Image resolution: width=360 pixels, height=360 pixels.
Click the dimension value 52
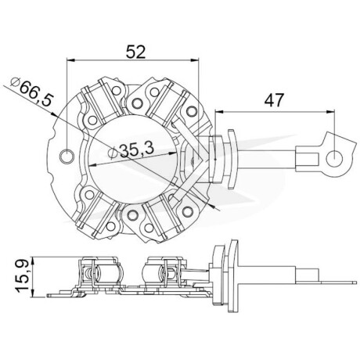tap(135, 52)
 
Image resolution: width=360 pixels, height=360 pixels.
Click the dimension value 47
tap(274, 100)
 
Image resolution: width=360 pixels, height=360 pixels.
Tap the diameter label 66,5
tap(36, 92)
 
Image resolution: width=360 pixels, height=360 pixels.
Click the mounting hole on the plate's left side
tap(67, 156)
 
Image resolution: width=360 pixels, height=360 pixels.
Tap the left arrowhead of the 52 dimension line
tap(71, 60)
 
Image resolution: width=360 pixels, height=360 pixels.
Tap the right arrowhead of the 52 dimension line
tap(195, 60)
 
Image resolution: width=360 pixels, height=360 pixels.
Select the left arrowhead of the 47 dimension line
tap(219, 112)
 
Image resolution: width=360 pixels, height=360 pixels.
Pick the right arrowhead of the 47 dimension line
tap(330, 112)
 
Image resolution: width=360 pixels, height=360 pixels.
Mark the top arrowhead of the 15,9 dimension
tap(32, 261)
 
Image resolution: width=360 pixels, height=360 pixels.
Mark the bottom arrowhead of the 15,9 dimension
tap(32, 293)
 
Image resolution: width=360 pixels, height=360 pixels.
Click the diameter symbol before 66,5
tap(15, 82)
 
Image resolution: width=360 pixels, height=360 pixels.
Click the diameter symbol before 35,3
tap(113, 153)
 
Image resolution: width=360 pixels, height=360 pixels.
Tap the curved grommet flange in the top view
tap(232, 159)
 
